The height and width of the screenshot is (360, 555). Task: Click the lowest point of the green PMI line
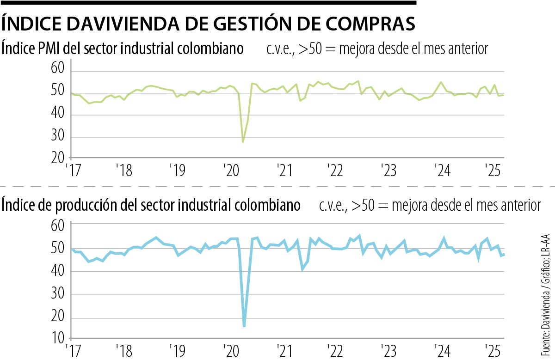point(243,141)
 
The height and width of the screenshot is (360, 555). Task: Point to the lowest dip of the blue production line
point(244,326)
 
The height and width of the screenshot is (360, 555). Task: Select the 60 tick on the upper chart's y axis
point(57,69)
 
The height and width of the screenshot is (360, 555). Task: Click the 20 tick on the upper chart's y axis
point(57,158)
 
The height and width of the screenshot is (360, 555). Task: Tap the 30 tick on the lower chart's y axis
point(57,295)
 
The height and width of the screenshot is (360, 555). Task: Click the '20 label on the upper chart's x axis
point(229,171)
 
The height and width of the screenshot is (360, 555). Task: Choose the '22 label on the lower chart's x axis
point(334,349)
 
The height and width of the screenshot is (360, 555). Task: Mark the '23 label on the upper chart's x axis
point(388,171)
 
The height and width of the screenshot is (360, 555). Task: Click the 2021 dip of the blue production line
point(303,269)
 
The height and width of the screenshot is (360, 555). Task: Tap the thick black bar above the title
point(208,3)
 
